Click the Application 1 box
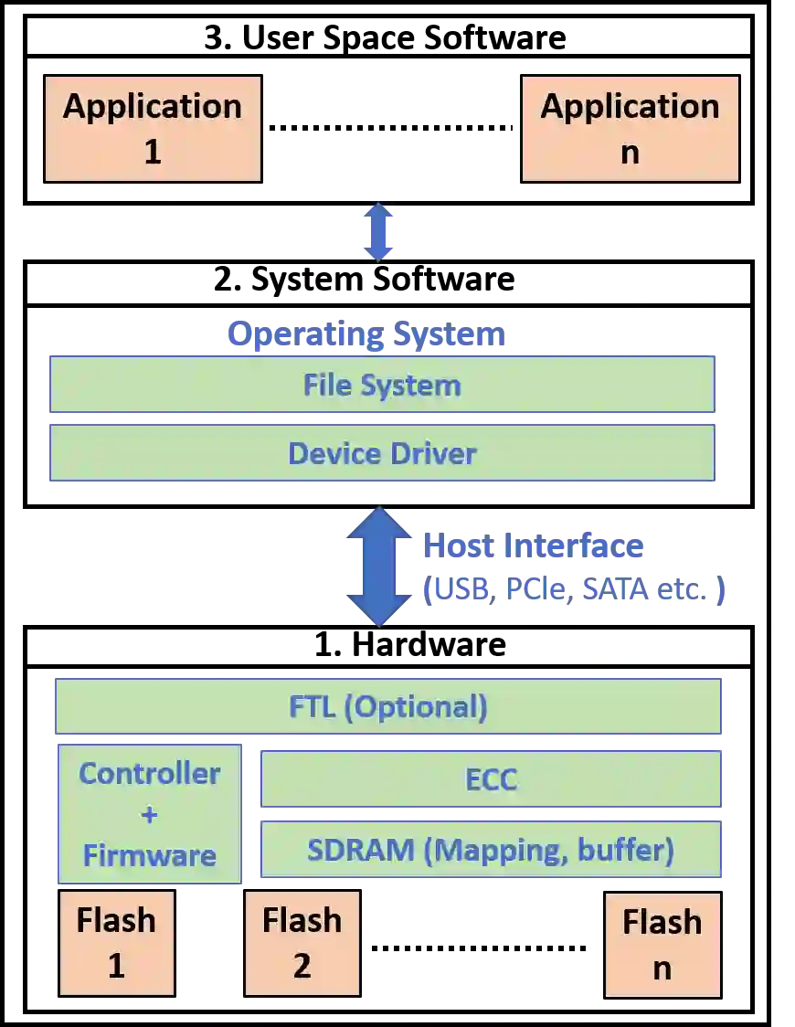point(153,128)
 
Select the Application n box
point(630,128)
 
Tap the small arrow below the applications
point(377,232)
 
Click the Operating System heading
point(366,334)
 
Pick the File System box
point(382,385)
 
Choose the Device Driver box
point(382,453)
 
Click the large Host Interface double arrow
point(379,566)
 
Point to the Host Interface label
point(533,546)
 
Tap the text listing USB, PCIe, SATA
point(576,589)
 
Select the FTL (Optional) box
point(388,706)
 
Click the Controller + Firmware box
point(150,814)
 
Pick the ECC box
point(492,779)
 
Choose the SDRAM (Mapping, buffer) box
point(491,850)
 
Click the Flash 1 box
point(116,943)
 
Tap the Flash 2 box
point(302,943)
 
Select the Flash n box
point(662,945)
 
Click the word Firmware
point(150,855)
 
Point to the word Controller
point(150,774)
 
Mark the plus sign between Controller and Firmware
point(150,814)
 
